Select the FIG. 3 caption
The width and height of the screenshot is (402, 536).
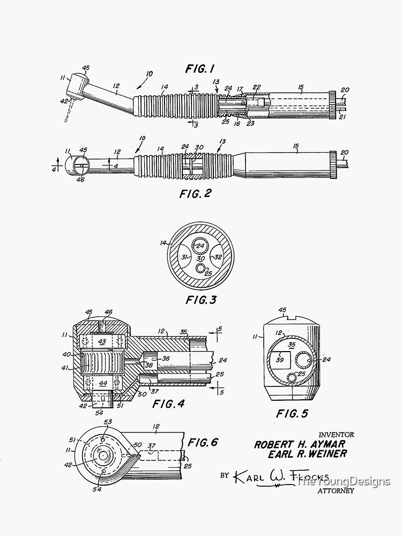tap(201, 300)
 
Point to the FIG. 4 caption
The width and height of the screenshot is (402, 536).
tap(168, 404)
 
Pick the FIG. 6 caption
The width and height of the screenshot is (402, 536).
tap(203, 442)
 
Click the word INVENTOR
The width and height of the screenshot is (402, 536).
tap(336, 435)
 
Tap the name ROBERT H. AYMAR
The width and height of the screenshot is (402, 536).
tap(300, 444)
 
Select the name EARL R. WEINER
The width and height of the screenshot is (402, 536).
tap(307, 454)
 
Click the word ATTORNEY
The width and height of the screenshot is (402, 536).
tap(336, 490)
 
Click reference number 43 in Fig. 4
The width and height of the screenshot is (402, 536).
tap(102, 341)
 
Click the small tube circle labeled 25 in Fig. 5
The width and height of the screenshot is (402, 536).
tap(292, 377)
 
